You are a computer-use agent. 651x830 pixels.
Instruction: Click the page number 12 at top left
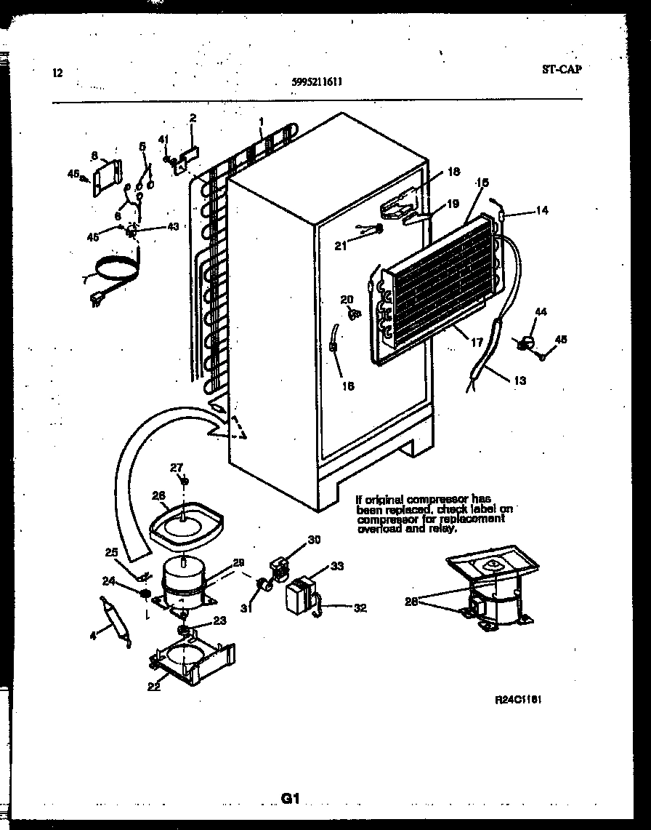[57, 73]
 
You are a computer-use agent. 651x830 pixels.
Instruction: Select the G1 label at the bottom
[291, 799]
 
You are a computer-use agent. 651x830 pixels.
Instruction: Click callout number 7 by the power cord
[85, 279]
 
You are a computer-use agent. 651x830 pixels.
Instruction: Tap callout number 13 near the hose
[520, 380]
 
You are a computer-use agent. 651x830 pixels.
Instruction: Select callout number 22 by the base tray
[154, 687]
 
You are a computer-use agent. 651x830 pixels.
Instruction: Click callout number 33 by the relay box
[337, 566]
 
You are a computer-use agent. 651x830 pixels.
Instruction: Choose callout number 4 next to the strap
[92, 637]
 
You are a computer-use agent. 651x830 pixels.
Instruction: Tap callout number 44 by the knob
[541, 311]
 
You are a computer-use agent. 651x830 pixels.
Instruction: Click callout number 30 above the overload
[314, 539]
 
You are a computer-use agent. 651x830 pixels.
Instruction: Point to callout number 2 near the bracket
[193, 118]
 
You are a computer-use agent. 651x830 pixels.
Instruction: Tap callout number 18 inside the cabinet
[453, 172]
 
